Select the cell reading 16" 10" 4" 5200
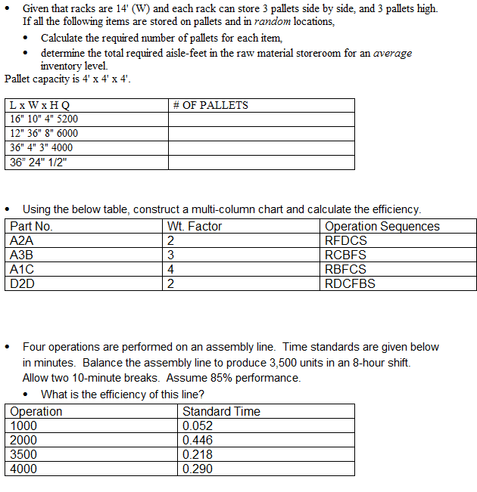click(x=44, y=119)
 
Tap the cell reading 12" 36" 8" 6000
click(x=44, y=133)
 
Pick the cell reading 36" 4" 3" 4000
click(x=42, y=147)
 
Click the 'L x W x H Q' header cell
click(x=40, y=105)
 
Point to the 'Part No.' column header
click(x=31, y=226)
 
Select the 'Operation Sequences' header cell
click(x=382, y=226)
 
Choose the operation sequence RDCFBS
click(x=350, y=284)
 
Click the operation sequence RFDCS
click(x=344, y=240)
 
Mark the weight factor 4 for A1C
click(x=171, y=269)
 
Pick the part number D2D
click(x=23, y=284)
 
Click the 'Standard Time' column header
click(x=221, y=411)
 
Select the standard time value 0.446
click(x=198, y=440)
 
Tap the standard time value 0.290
click(x=198, y=469)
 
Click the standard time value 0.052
click(x=198, y=425)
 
